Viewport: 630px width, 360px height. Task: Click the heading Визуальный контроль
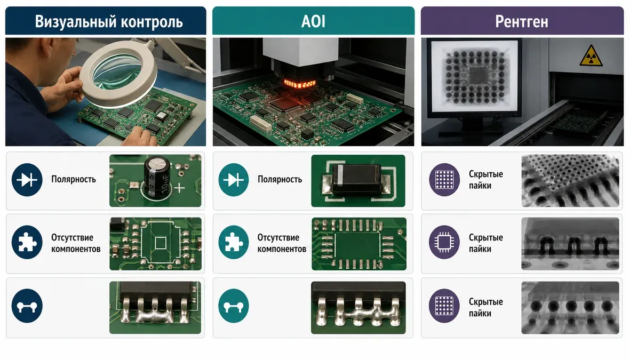[108, 21]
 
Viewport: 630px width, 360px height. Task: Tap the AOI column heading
[313, 21]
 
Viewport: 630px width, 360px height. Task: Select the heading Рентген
[522, 22]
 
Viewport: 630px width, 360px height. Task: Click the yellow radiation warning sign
[591, 55]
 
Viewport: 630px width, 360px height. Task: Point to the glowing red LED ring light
[300, 84]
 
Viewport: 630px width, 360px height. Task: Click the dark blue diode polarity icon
[27, 180]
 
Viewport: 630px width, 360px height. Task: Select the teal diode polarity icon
[234, 180]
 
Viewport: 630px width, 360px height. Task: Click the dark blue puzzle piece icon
[27, 242]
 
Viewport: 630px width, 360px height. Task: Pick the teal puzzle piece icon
[234, 242]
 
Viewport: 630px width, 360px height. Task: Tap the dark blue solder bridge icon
[27, 306]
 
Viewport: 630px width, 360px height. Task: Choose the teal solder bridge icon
[234, 306]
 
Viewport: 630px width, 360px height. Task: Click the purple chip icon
[444, 242]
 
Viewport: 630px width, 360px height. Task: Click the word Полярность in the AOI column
[280, 179]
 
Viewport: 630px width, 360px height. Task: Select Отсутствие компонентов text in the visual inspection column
[76, 243]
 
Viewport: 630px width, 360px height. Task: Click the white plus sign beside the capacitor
[179, 188]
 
